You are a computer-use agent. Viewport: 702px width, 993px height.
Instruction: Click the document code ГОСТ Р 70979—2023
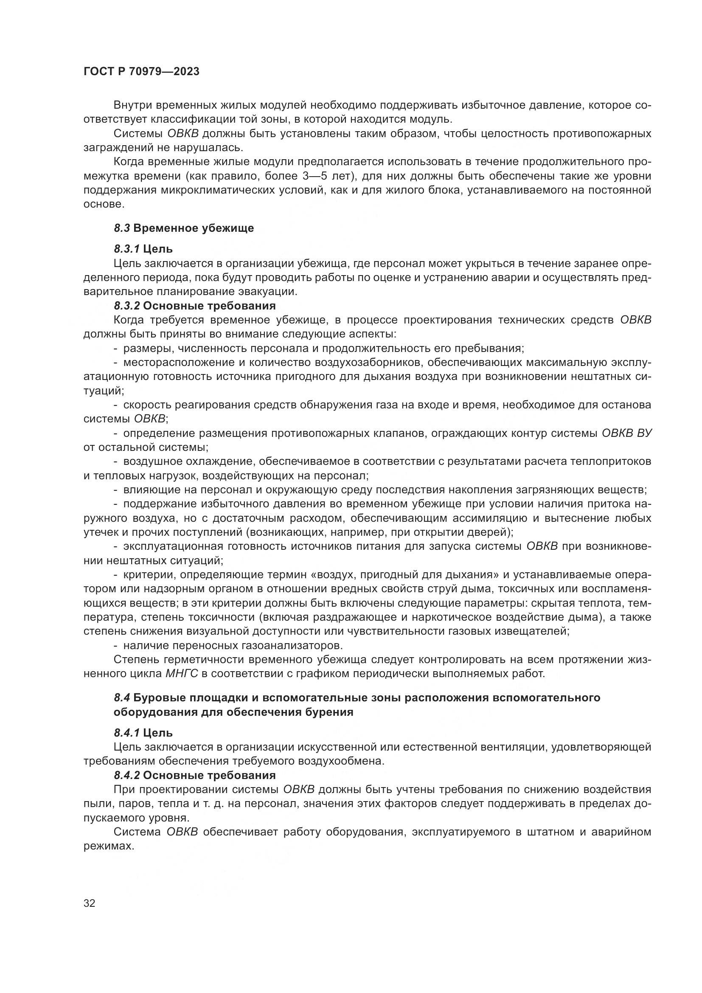click(x=141, y=72)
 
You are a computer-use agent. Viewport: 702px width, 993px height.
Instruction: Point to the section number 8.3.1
click(x=126, y=249)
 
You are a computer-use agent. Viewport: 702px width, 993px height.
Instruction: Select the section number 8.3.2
click(x=126, y=306)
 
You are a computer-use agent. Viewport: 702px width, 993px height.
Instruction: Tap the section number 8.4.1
click(x=126, y=733)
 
